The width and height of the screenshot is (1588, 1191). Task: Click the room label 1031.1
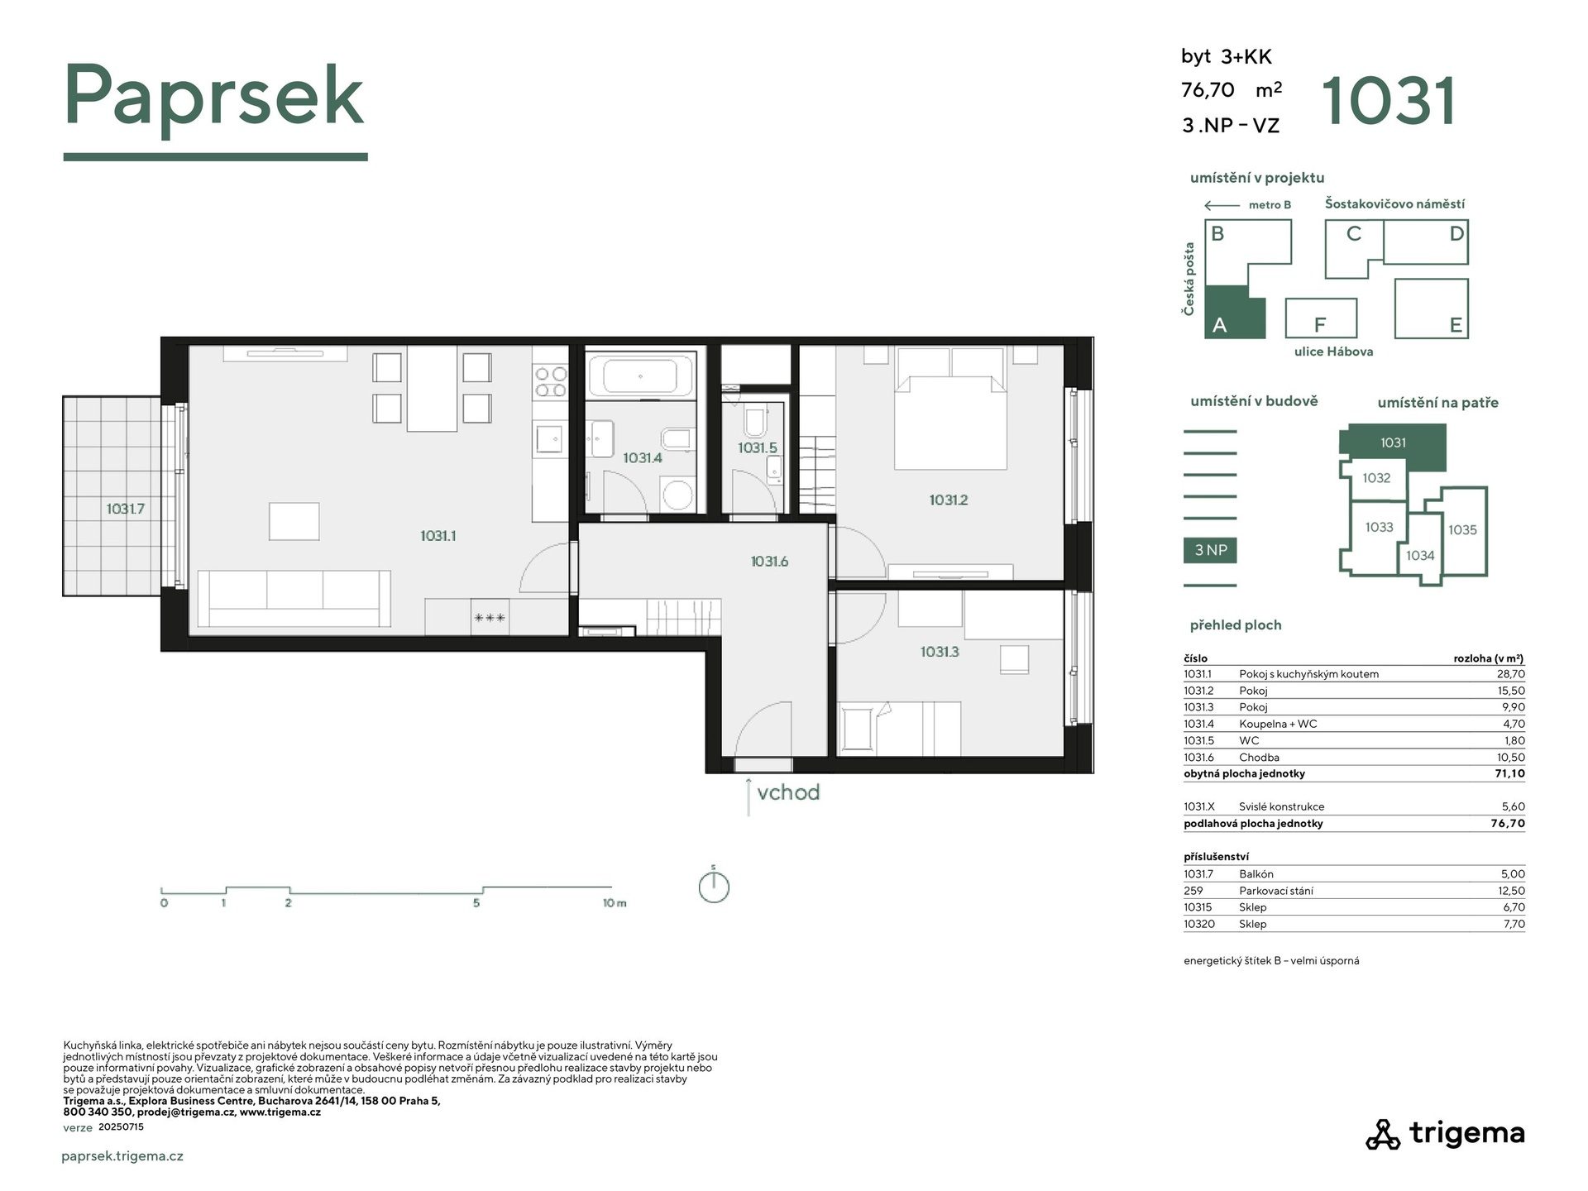pyautogui.click(x=438, y=536)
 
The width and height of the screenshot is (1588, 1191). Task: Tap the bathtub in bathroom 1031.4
pyautogui.click(x=640, y=375)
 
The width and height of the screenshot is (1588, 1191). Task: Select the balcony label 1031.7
pyautogui.click(x=125, y=509)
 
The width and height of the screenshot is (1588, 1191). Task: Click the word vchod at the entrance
pyautogui.click(x=788, y=792)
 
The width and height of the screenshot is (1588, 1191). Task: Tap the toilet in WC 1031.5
pyautogui.click(x=756, y=422)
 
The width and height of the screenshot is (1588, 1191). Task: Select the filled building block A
pyautogui.click(x=1235, y=312)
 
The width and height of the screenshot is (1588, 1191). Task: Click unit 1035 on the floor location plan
pyautogui.click(x=1462, y=530)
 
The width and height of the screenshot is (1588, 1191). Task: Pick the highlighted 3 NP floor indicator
pyautogui.click(x=1211, y=550)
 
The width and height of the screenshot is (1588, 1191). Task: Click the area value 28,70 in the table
pyautogui.click(x=1511, y=674)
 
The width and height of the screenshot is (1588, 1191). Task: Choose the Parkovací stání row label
pyautogui.click(x=1275, y=891)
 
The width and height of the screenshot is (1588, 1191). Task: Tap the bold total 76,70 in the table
pyautogui.click(x=1508, y=824)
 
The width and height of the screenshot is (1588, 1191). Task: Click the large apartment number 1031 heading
pyautogui.click(x=1389, y=101)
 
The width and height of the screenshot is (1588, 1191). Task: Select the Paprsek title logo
pyautogui.click(x=214, y=99)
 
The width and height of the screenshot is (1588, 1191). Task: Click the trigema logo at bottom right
pyautogui.click(x=1445, y=1134)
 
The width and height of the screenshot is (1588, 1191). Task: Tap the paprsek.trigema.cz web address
pyautogui.click(x=122, y=1156)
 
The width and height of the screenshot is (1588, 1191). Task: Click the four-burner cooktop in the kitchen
pyautogui.click(x=551, y=381)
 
